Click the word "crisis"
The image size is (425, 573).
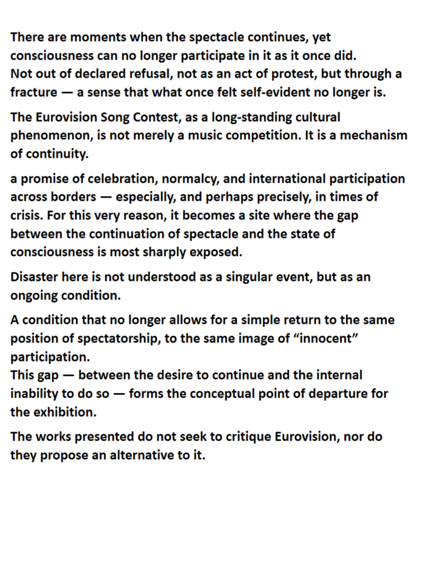[x=26, y=215]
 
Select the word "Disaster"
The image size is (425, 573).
[x=35, y=277]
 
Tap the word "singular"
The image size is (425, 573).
[x=249, y=277]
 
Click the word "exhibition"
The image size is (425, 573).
[x=63, y=412]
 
